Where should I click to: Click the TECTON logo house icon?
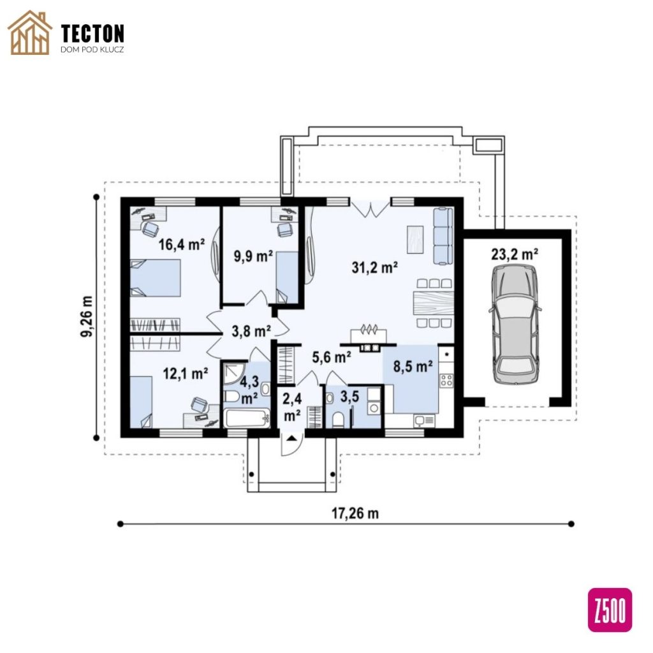[29, 33]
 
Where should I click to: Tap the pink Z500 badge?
[610, 610]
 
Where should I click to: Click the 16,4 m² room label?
[182, 244]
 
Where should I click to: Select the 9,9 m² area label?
[253, 256]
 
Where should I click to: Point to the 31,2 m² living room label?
[374, 267]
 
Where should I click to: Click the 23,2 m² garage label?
[515, 254]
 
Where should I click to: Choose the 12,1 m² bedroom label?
[186, 374]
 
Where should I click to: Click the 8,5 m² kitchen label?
[413, 367]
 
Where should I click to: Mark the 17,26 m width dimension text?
[355, 513]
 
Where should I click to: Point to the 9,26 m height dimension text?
[87, 316]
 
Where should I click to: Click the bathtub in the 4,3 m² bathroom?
[247, 418]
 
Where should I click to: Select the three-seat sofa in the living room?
[443, 236]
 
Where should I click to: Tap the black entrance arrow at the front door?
[291, 437]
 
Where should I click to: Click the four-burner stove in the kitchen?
[446, 380]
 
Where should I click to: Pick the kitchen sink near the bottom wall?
[424, 421]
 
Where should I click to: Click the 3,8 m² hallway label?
[251, 331]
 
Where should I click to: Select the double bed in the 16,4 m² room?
[156, 278]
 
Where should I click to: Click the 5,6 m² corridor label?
[332, 357]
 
